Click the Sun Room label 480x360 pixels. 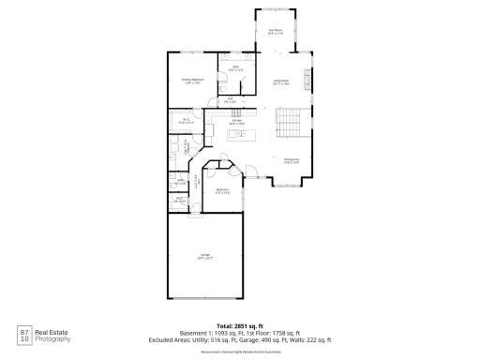click(276, 32)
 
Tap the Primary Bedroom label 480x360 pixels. click(192, 81)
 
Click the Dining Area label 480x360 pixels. click(291, 160)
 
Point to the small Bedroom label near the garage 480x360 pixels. click(223, 190)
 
